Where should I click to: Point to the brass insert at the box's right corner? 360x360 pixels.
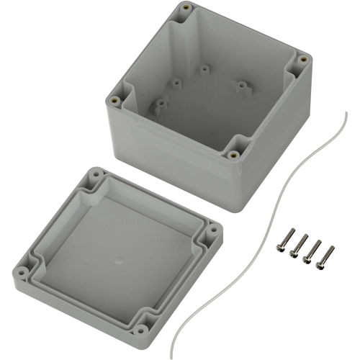[x=303, y=58]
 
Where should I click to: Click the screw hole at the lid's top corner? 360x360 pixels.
[x=95, y=174]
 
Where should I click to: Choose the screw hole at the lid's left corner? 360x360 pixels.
[x=23, y=272]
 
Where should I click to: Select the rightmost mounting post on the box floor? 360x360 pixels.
[x=241, y=86]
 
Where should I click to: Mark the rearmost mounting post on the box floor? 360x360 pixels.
[x=204, y=70]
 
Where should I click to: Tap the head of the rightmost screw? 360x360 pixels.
[x=330, y=249]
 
